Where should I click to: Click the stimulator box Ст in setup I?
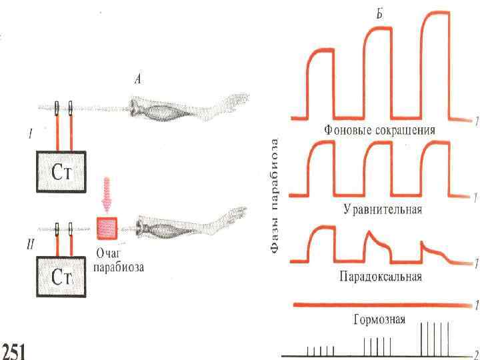point(61,173)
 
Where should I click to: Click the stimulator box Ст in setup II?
point(61,279)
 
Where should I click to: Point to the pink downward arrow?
point(107,193)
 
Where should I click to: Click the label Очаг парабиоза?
point(118,261)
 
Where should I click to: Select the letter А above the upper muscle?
point(138,80)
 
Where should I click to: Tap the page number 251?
point(14,349)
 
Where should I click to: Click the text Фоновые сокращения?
point(379,129)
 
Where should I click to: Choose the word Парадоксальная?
point(381,276)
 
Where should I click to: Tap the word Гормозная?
point(379,319)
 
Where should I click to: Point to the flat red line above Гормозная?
point(380,305)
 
